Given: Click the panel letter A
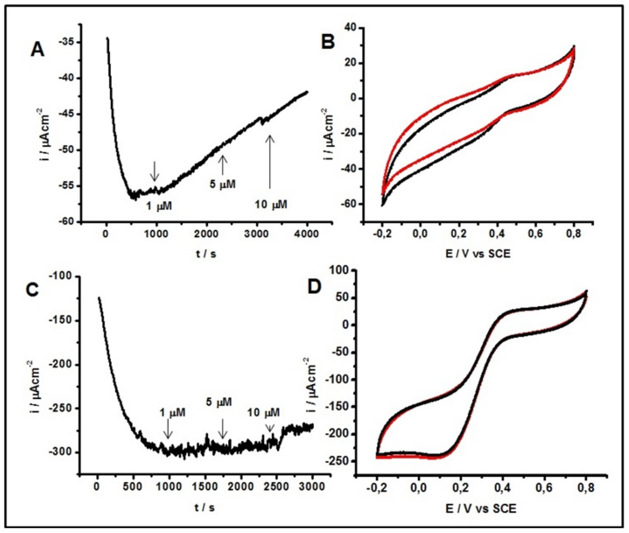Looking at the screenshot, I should (x=38, y=50).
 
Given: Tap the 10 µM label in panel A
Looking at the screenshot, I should (x=271, y=205).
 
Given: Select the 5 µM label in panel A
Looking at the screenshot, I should (x=222, y=184).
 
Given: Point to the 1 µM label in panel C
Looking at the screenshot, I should (x=173, y=412).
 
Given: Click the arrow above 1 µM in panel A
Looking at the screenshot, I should (x=155, y=171).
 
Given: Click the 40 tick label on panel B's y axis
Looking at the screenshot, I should (x=350, y=28).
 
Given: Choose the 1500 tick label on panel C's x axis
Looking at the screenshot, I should (x=205, y=487).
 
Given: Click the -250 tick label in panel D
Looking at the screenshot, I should (x=337, y=461).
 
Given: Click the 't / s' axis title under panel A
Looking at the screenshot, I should (x=206, y=254).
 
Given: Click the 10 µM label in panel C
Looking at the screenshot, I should (x=263, y=412).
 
